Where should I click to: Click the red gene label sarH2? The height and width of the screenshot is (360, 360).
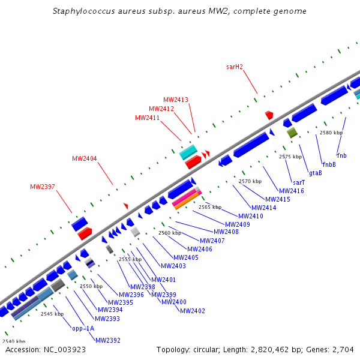point(234,67)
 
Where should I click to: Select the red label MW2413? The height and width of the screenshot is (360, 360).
point(176,100)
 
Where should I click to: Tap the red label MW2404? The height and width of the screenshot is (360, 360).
point(85,158)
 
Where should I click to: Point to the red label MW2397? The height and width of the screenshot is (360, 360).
point(43,187)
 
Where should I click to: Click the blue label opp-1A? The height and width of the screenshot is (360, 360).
point(83,328)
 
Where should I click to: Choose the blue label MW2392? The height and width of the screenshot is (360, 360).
point(107,340)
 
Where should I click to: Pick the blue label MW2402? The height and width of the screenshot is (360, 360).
point(192,311)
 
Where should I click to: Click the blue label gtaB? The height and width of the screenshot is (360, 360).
point(315,173)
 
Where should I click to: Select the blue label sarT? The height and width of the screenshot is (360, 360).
point(298,182)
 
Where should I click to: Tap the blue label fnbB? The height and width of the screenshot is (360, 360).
point(329,164)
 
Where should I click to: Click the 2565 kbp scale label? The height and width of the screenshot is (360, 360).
point(209,207)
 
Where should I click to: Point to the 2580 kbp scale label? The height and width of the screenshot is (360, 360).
point(331,133)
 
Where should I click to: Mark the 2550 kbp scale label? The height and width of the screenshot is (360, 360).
point(91,286)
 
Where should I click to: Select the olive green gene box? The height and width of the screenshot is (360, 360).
point(292,133)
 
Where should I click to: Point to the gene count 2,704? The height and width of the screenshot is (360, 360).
point(342,349)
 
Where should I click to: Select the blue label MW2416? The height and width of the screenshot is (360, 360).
point(292,191)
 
